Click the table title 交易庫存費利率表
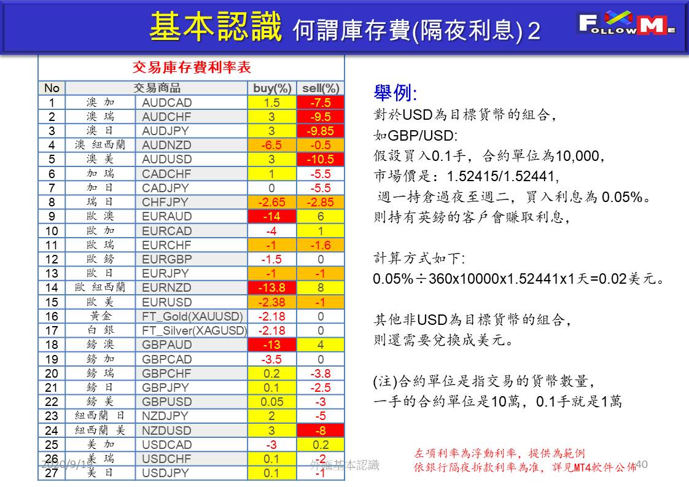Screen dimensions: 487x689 192,67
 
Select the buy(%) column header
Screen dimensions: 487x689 272,88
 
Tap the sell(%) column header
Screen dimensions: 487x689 321,88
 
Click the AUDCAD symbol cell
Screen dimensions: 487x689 167,103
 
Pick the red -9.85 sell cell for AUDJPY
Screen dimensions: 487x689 321,131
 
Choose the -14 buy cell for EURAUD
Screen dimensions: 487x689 272,216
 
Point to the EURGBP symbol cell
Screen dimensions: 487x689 167,259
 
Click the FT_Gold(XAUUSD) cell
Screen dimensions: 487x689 192,316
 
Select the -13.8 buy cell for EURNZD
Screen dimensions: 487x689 272,287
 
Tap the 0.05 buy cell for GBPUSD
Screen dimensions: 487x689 272,402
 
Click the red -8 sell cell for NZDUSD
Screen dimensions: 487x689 321,431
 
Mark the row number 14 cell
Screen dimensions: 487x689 52,287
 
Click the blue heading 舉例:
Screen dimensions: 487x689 395,93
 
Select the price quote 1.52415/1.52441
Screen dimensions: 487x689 503,177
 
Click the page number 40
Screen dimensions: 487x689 642,464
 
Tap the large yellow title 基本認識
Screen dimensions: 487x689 216,27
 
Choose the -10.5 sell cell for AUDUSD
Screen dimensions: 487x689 321,160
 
